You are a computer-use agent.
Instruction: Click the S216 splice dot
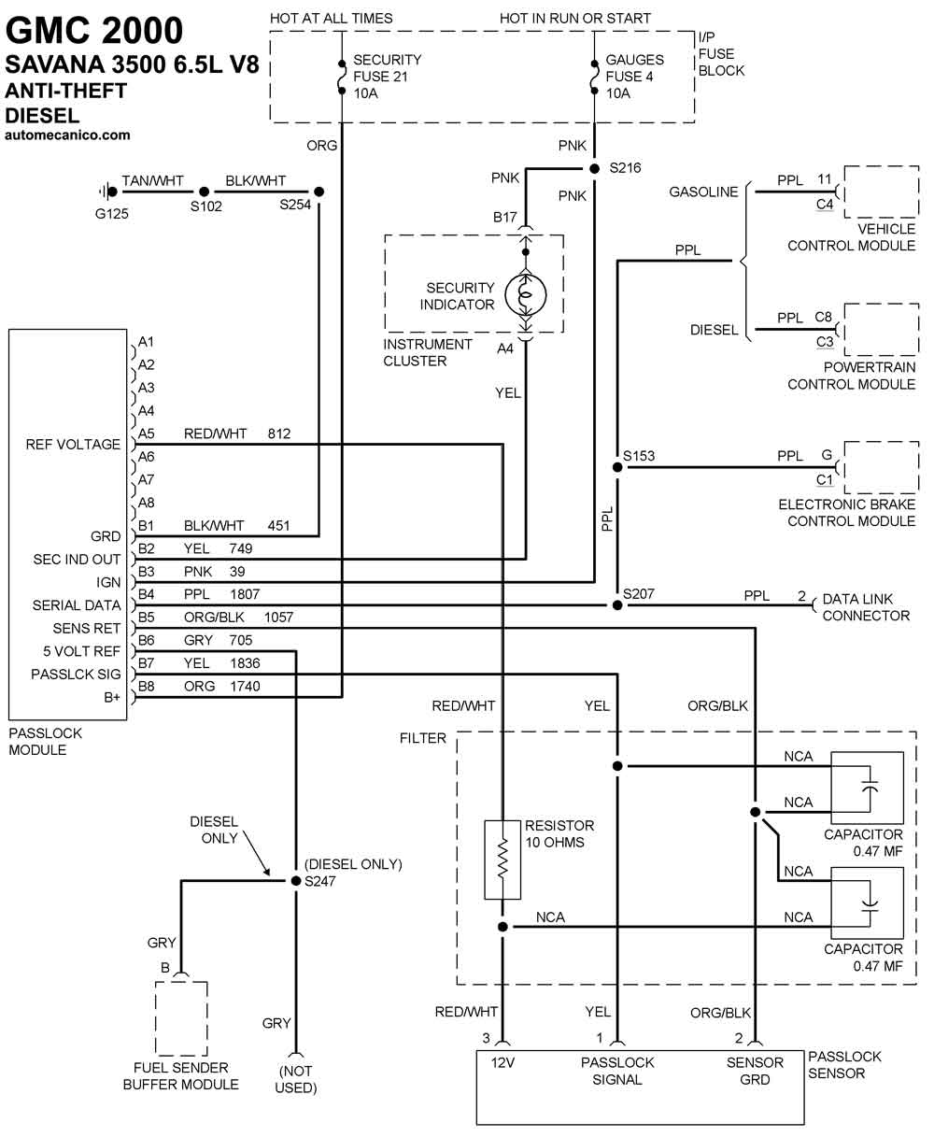(x=594, y=169)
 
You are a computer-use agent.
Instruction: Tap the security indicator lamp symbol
(x=526, y=295)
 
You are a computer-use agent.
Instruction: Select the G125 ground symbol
(x=108, y=192)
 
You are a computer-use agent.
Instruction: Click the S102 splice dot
(x=204, y=192)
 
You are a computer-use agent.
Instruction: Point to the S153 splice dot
(x=617, y=467)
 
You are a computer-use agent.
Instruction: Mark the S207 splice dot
(x=617, y=604)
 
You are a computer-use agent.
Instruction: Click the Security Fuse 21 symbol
(x=342, y=78)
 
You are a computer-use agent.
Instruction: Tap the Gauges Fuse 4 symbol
(x=594, y=78)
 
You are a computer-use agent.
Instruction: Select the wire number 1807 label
(x=245, y=594)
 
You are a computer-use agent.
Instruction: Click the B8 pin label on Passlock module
(x=146, y=686)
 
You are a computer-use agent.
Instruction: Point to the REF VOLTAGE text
(x=73, y=444)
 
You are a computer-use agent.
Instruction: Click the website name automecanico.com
(x=67, y=135)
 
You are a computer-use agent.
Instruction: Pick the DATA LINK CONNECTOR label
(x=866, y=607)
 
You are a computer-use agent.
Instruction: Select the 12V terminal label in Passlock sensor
(x=502, y=1062)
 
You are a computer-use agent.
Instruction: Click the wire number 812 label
(x=278, y=433)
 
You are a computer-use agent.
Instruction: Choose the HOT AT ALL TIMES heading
(x=331, y=19)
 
